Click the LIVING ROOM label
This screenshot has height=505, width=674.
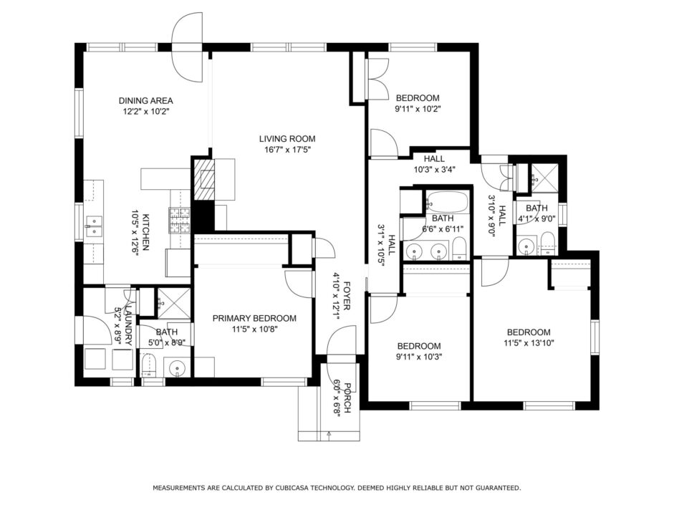287,139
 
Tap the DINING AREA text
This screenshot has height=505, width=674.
145,100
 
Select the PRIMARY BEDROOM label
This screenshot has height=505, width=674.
254,319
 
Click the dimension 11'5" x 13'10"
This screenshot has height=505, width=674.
529,343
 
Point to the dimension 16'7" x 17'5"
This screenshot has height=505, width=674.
287,150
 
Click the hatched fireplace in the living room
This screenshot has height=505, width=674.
203,179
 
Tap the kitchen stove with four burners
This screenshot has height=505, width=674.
180,220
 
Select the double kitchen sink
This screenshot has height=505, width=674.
94,226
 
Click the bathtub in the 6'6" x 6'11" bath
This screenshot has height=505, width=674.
448,201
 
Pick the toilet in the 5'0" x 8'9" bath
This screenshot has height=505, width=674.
148,366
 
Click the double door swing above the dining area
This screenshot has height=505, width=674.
188,47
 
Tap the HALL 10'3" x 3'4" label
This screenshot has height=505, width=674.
434,164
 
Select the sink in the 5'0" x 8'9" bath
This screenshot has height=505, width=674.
177,368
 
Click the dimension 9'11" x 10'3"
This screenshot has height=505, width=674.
419,357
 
